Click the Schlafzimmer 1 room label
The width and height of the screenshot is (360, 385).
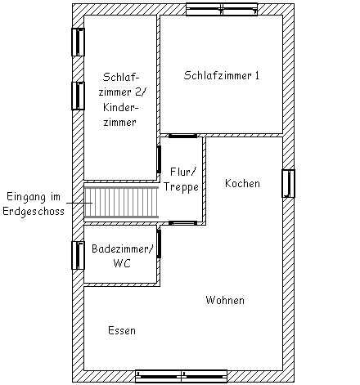point(222,75)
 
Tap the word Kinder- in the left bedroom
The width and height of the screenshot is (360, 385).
point(121,107)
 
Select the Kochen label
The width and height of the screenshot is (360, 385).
point(242,183)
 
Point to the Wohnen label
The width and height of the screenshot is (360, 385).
point(225,300)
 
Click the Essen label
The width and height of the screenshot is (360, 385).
point(122,330)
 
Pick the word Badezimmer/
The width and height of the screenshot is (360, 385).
point(123,248)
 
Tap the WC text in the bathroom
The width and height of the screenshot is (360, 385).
point(122,263)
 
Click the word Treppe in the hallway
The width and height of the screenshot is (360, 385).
point(181,187)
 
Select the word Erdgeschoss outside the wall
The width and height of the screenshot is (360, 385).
point(34,212)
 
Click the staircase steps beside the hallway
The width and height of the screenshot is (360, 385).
point(121,203)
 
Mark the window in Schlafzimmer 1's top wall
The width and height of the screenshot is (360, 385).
point(222,9)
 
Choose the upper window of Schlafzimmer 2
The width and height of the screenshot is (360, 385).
point(78,43)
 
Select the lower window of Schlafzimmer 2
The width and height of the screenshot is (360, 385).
point(78,96)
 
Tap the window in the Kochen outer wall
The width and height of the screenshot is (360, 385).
point(288,183)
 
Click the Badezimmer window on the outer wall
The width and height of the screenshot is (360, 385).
point(78,255)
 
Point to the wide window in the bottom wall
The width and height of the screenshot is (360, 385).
point(182,376)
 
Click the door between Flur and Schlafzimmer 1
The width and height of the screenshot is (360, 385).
point(182,136)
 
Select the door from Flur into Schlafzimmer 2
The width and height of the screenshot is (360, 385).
point(159,159)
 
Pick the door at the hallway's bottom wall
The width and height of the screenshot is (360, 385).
point(182,223)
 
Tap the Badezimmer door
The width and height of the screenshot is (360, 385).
point(159,244)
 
